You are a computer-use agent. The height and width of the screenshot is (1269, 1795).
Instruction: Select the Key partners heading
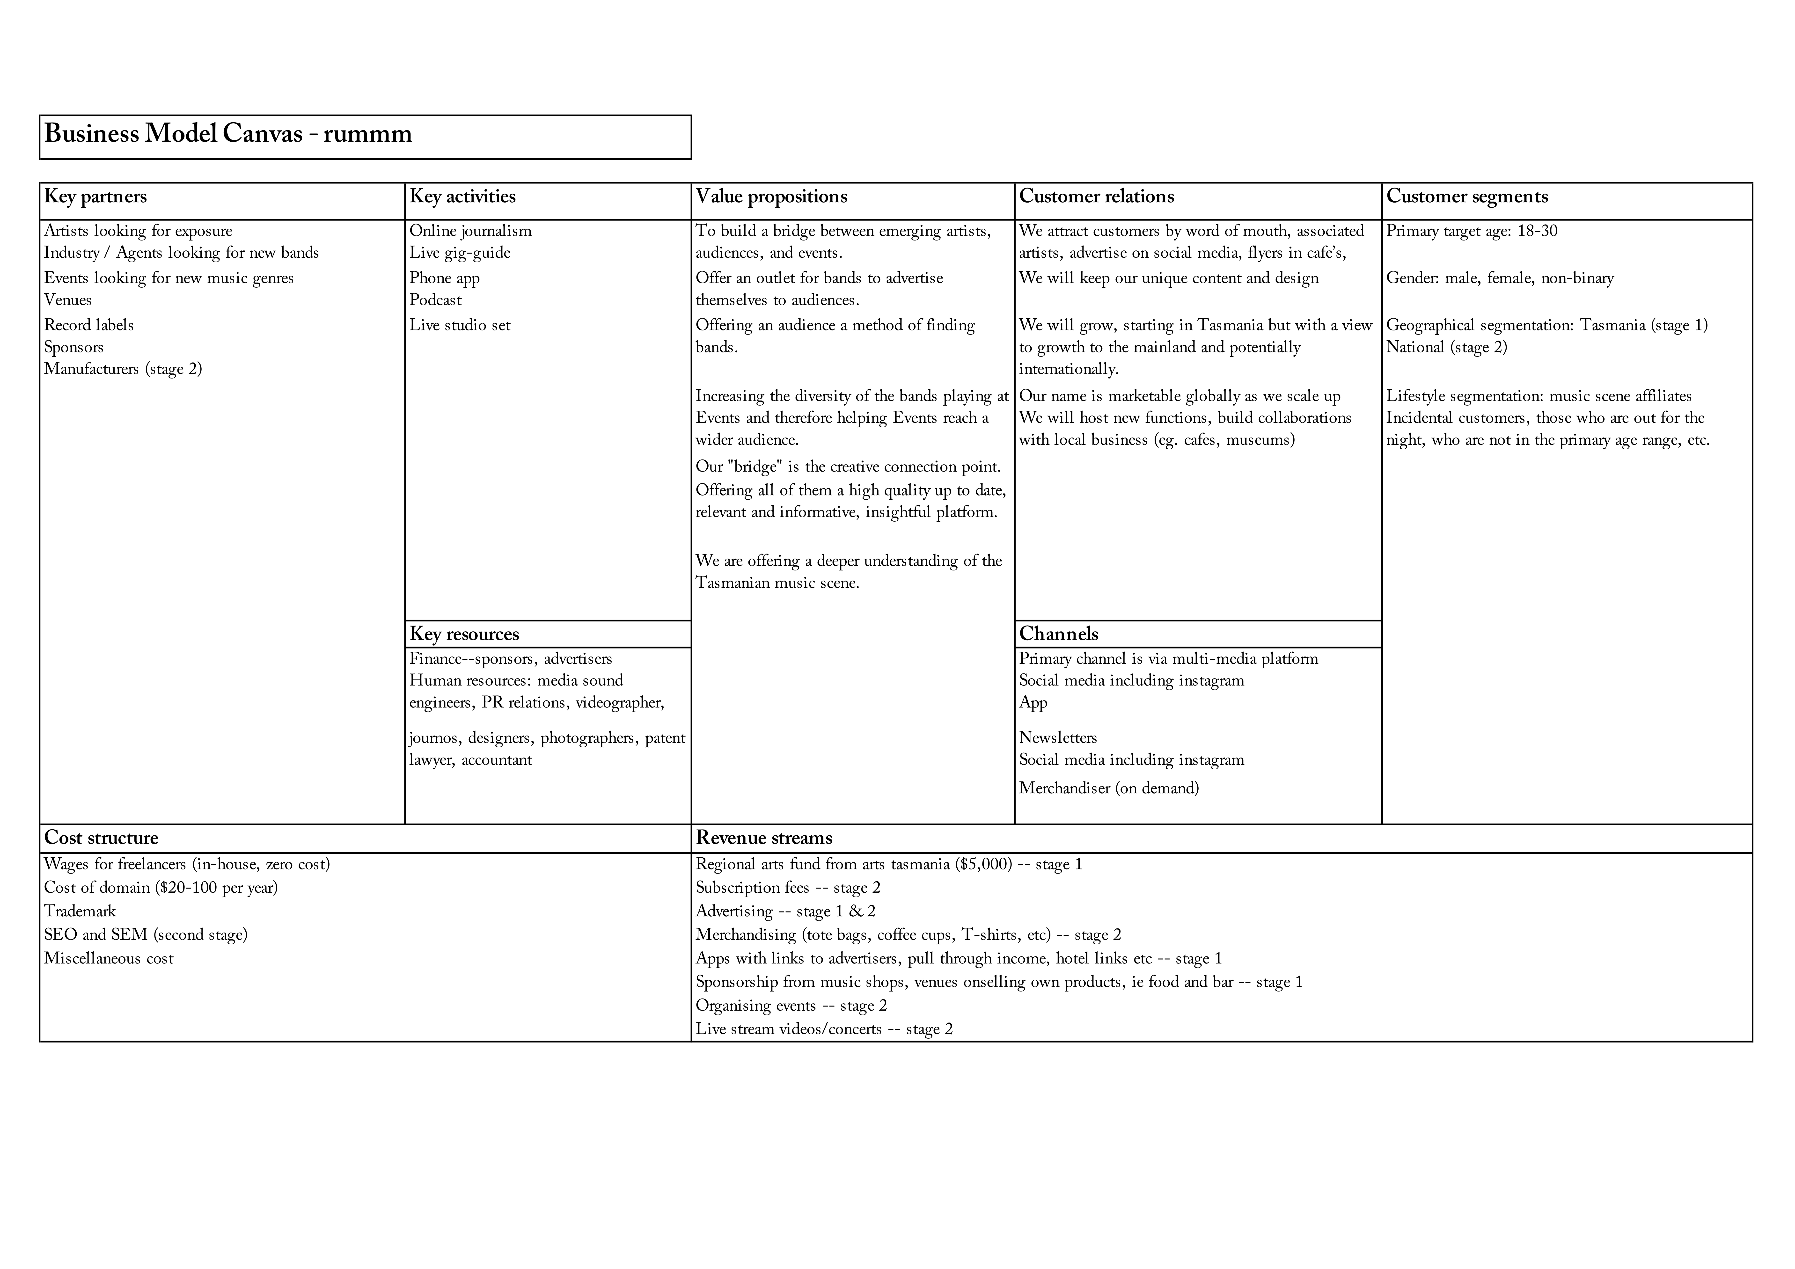point(95,196)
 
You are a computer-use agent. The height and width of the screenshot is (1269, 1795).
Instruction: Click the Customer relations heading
point(1096,196)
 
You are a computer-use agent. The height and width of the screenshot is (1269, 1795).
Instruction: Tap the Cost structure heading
point(101,838)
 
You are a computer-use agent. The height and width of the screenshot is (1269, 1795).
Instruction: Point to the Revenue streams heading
point(764,838)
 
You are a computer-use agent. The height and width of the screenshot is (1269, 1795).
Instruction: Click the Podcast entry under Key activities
point(435,300)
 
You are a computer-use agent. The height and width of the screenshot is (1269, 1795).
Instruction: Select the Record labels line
point(88,325)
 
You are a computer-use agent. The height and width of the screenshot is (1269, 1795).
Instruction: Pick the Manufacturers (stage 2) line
point(123,369)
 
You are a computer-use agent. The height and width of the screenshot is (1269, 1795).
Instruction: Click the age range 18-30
point(1537,231)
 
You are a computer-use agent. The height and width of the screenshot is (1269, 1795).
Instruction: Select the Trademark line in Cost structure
point(80,912)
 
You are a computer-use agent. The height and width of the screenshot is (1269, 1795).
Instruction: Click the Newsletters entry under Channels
point(1058,738)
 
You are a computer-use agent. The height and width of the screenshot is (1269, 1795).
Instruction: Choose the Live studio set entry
point(460,325)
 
